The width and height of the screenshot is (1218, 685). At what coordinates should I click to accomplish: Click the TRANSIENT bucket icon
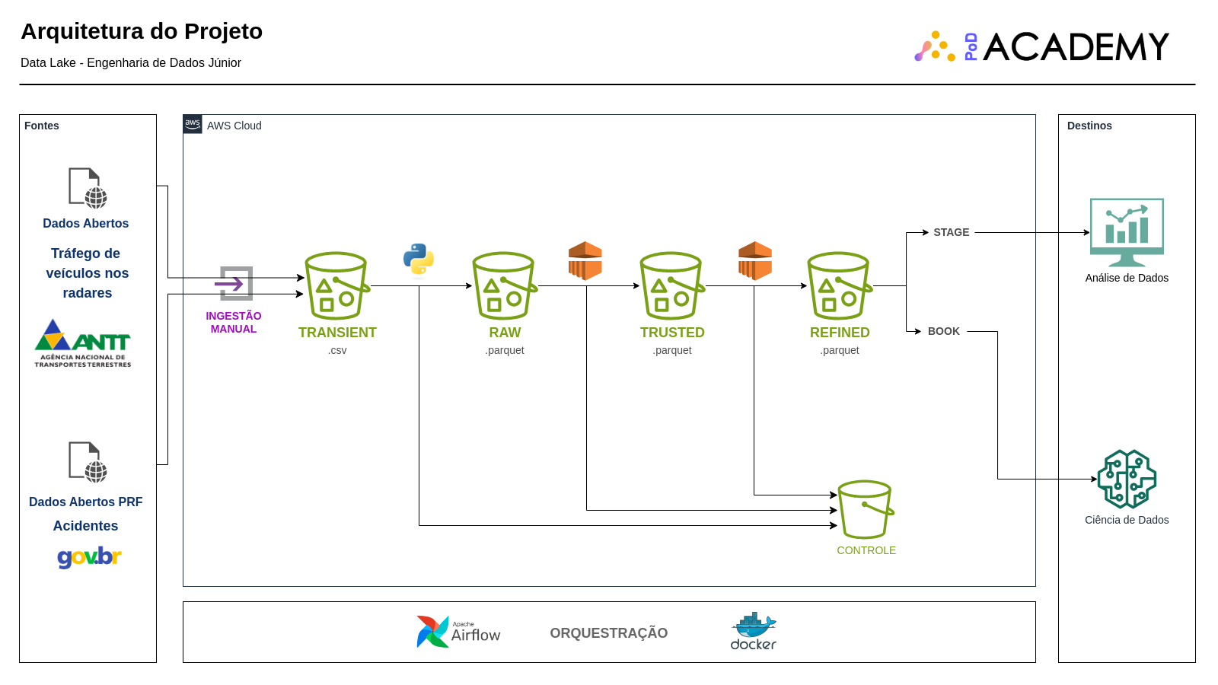point(336,285)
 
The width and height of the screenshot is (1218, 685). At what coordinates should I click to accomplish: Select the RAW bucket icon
point(504,285)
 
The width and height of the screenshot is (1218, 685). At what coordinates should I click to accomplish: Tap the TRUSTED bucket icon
point(671,285)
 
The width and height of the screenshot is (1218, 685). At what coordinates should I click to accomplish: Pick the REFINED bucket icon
point(839,285)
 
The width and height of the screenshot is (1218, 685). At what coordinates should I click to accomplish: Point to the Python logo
point(419,259)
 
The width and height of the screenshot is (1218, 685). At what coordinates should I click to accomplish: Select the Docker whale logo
point(754,631)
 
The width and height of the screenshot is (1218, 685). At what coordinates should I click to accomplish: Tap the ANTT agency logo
point(83,343)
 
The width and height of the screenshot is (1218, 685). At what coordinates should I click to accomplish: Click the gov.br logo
point(89,557)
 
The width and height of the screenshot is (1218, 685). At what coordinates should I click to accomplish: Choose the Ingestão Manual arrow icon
point(235,284)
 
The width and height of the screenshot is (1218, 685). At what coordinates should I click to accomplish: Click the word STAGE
point(951,232)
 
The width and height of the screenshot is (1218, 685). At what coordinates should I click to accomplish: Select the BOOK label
point(943,331)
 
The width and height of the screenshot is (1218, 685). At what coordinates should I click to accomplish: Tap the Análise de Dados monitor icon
point(1127,231)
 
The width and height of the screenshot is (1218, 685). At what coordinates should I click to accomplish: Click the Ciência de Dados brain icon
point(1127,479)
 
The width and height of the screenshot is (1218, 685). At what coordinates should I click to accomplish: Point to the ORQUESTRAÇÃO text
point(608,633)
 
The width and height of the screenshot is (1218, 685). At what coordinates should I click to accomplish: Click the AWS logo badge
point(193,124)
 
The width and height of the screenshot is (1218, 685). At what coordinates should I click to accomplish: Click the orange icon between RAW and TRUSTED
point(585,260)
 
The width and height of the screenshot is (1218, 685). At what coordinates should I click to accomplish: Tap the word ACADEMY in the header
point(1075,47)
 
